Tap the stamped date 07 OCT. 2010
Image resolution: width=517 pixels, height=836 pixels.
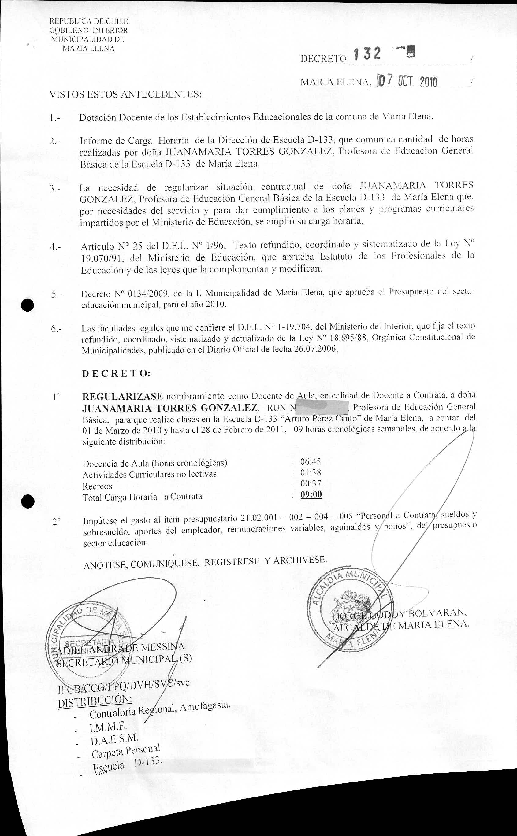[x=407, y=81]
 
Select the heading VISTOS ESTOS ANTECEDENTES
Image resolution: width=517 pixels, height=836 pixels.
[x=125, y=94]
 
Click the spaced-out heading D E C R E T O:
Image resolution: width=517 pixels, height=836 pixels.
[x=116, y=374]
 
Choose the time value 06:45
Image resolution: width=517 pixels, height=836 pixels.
[x=311, y=462]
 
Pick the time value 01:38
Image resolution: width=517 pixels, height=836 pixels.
[x=311, y=473]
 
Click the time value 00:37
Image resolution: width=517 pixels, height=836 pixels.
[x=311, y=484]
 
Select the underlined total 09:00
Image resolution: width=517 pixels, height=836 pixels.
[x=311, y=494]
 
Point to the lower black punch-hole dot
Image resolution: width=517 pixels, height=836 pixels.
[x=27, y=502]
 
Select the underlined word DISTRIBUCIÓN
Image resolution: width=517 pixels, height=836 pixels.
[x=95, y=701]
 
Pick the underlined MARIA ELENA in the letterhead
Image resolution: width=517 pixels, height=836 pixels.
[x=88, y=49]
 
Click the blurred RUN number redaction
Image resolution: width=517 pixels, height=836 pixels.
[x=322, y=407]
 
